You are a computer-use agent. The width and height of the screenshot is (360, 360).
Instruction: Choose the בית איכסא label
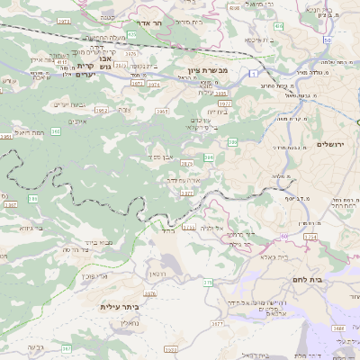258,40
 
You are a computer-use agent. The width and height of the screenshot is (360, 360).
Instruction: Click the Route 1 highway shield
256,71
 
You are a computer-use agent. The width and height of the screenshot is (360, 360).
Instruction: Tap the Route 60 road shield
285,236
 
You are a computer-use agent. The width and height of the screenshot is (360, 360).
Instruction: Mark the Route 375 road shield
208,283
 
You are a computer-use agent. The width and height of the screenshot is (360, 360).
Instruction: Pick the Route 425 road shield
131,35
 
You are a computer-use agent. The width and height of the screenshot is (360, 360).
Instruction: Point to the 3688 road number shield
337,328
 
